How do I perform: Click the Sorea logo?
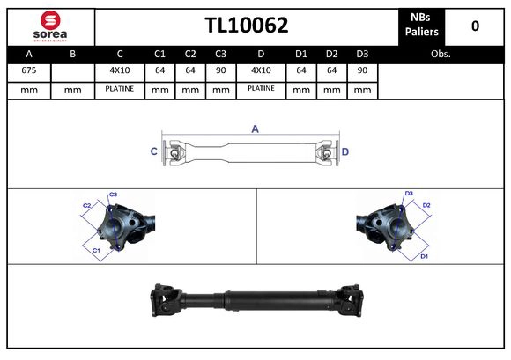(x=49, y=26)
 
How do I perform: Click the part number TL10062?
(x=246, y=26)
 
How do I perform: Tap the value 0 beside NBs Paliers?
(x=475, y=26)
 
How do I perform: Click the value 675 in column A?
(x=28, y=70)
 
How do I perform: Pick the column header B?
(x=72, y=53)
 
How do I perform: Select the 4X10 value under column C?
(x=119, y=70)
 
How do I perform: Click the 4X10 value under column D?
(x=261, y=70)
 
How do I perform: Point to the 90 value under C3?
(x=220, y=70)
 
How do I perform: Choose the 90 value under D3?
(x=361, y=70)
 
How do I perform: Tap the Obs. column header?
(x=441, y=53)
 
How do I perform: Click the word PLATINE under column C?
(x=119, y=89)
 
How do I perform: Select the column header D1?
(x=300, y=53)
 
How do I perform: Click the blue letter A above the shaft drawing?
(x=255, y=129)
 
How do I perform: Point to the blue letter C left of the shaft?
(x=153, y=151)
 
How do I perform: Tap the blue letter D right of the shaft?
(x=345, y=151)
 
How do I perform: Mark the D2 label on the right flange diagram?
(x=426, y=205)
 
